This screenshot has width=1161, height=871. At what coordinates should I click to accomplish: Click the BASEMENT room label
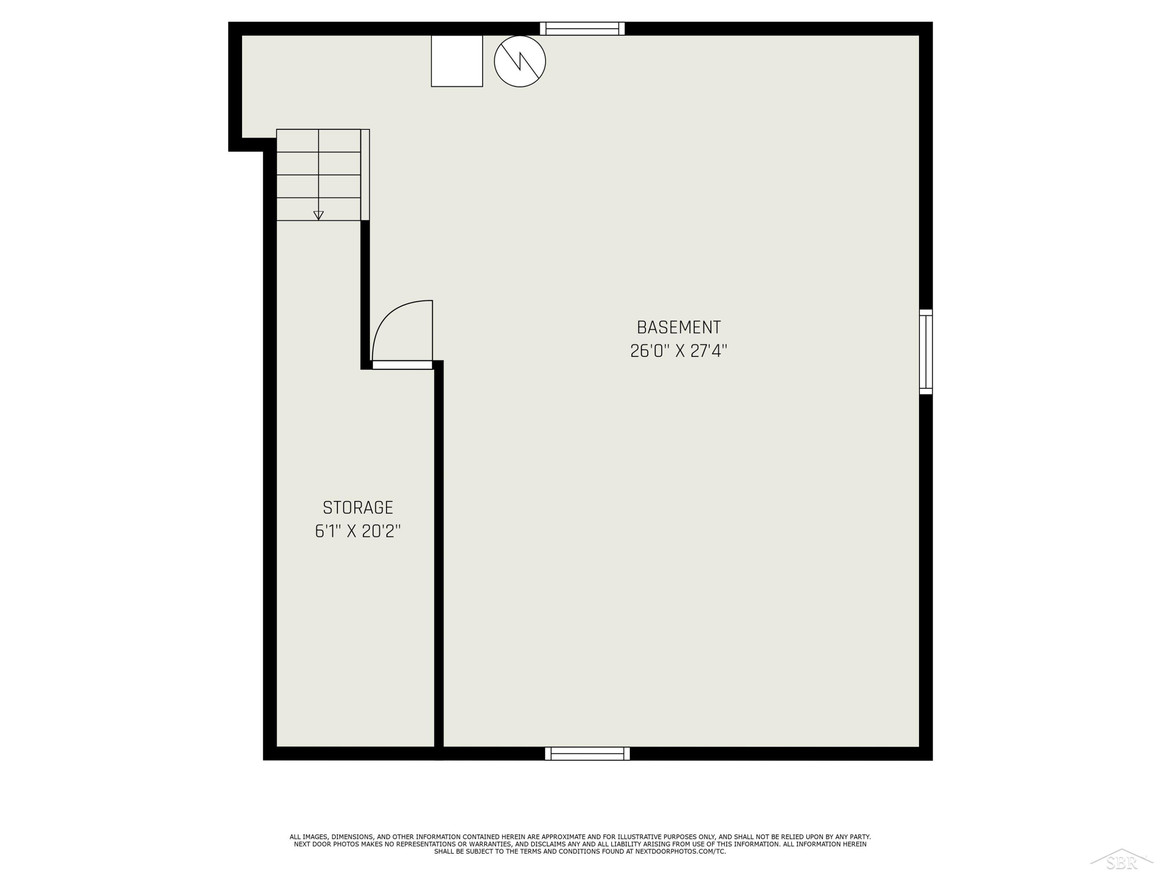pyautogui.click(x=679, y=327)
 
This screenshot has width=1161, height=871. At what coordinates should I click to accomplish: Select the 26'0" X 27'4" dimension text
pyautogui.click(x=679, y=351)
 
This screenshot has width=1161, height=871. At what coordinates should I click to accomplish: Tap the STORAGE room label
pyautogui.click(x=358, y=508)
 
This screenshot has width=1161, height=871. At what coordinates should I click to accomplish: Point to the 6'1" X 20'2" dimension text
pyautogui.click(x=358, y=532)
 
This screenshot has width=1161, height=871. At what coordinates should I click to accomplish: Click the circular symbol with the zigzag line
pyautogui.click(x=520, y=61)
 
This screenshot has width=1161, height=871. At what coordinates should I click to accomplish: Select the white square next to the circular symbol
pyautogui.click(x=457, y=61)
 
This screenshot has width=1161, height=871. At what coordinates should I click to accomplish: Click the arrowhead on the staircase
pyautogui.click(x=318, y=215)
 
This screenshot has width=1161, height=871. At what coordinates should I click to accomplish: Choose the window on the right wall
pyautogui.click(x=926, y=352)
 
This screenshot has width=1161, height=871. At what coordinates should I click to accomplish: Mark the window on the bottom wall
pyautogui.click(x=587, y=753)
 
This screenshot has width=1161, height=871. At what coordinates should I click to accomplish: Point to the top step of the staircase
pyautogui.click(x=319, y=141)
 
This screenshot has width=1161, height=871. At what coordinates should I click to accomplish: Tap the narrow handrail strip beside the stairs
pyautogui.click(x=365, y=175)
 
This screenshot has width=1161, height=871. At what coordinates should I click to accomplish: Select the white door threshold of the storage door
pyautogui.click(x=402, y=365)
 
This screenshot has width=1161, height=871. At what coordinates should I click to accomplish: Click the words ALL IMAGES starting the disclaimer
pyautogui.click(x=309, y=837)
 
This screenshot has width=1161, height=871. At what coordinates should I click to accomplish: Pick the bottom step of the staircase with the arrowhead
pyautogui.click(x=319, y=209)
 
